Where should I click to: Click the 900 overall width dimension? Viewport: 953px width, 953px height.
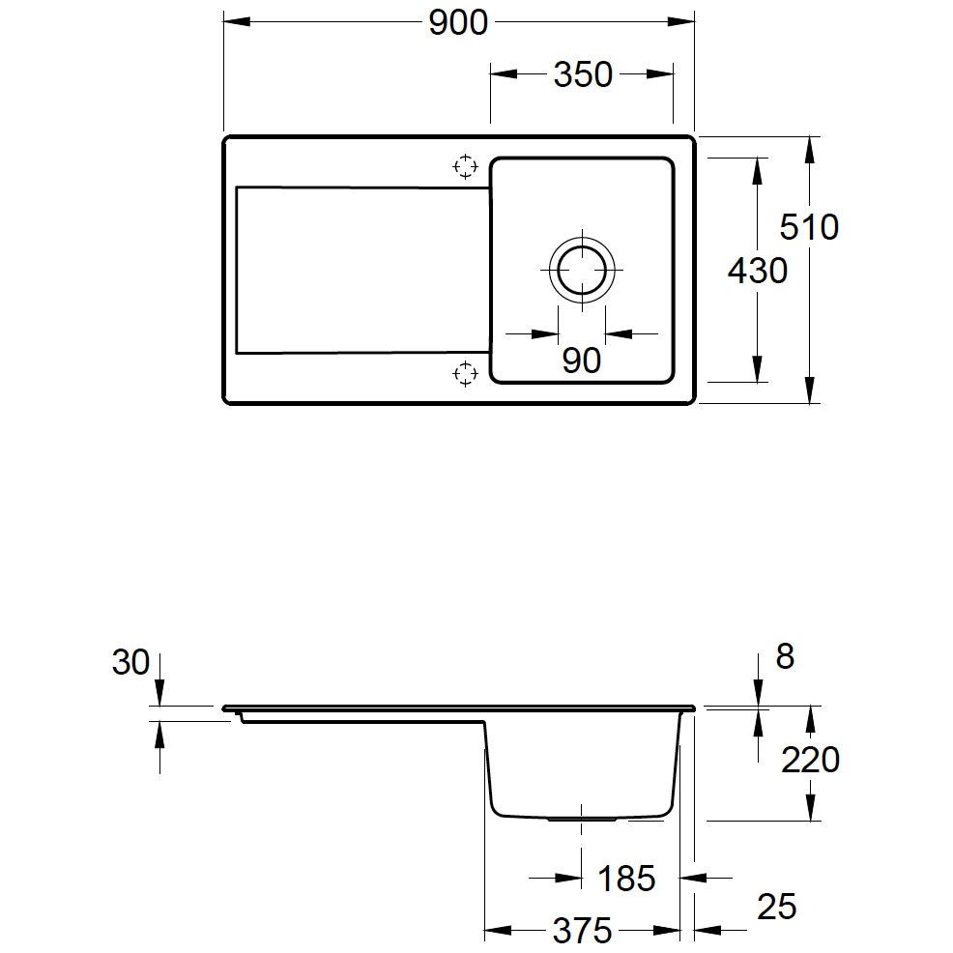click(458, 23)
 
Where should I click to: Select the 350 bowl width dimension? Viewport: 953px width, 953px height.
click(583, 74)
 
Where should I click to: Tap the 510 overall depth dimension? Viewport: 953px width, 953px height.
click(809, 227)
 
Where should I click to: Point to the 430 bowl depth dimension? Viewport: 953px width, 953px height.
click(758, 271)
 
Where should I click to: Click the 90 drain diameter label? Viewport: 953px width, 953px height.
click(582, 361)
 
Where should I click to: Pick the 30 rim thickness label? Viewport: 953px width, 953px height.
click(130, 662)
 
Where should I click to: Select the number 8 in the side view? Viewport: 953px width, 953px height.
click(785, 657)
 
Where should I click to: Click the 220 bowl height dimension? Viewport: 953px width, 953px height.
click(810, 760)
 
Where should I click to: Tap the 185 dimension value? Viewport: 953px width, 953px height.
click(626, 879)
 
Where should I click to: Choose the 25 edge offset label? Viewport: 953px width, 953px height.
click(777, 907)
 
